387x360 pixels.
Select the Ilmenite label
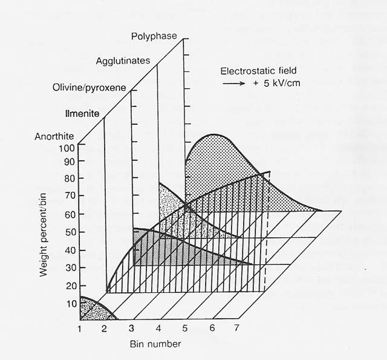(82, 113)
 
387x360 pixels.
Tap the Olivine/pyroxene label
(89, 88)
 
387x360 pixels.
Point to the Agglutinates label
(123, 61)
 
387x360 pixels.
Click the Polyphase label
(154, 36)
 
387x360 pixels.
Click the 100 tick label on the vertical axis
(67, 147)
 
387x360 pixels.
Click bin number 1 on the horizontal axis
(79, 329)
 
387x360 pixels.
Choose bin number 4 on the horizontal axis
(158, 329)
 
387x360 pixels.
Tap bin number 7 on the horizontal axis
(236, 329)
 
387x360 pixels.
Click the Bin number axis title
(155, 344)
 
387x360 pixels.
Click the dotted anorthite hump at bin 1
(93, 310)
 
